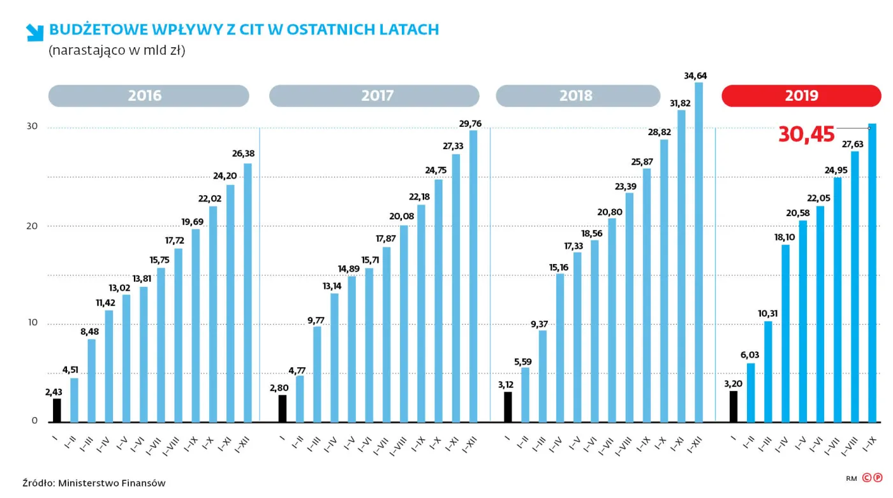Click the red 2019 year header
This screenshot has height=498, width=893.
[x=801, y=96]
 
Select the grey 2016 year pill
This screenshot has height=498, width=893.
[x=148, y=96]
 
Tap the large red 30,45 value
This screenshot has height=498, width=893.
[x=806, y=135]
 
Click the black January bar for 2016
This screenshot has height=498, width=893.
[x=57, y=410]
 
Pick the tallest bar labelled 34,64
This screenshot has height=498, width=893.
[x=698, y=252]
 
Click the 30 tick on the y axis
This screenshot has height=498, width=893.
[x=32, y=126]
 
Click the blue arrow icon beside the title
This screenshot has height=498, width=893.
[x=34, y=33]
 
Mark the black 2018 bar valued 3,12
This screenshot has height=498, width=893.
[x=508, y=407]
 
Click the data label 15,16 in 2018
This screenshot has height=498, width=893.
[x=559, y=267]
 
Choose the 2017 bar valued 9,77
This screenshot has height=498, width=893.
[x=317, y=374]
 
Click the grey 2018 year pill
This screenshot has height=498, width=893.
[x=577, y=96]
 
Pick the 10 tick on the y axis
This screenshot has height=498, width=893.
[x=32, y=323]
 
